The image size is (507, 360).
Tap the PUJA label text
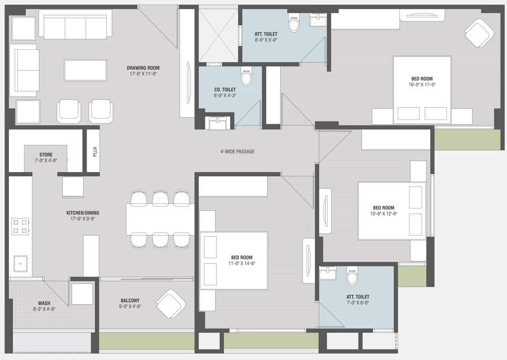pos(95,151)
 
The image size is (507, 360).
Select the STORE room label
pos(46,155)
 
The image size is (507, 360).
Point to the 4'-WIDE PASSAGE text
pos(237,151)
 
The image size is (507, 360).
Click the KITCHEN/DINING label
pos(82,213)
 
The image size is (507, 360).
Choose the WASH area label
pos(44,303)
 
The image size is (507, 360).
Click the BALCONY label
pos(130,300)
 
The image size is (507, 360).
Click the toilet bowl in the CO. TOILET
pos(246,76)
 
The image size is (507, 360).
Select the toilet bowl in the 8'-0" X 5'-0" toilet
pos(294,24)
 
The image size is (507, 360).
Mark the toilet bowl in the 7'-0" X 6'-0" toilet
pos(352,277)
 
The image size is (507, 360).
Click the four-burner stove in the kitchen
pos(20,226)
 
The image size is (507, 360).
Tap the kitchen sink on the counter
pos(21,263)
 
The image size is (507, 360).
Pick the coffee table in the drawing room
pos(85,70)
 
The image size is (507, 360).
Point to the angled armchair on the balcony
pos(171,304)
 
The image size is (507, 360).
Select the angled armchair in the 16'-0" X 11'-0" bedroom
pos(479,33)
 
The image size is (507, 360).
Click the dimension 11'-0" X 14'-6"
pos(241,263)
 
